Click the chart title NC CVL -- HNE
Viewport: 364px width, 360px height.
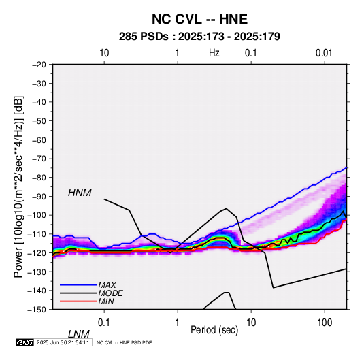pos(199,19)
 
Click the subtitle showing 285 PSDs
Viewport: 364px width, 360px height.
pos(199,37)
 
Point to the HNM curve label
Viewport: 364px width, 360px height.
pos(80,193)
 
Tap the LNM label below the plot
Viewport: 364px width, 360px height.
pos(79,334)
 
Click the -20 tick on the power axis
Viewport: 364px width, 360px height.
pos(39,65)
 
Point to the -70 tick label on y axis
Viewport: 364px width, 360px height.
pos(39,159)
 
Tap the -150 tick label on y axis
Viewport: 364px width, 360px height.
pos(37,310)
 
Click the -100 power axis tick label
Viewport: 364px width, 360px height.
pos(37,215)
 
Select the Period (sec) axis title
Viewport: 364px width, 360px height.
pos(214,330)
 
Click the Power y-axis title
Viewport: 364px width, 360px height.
pos(18,187)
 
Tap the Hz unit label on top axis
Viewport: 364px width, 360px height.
pos(214,53)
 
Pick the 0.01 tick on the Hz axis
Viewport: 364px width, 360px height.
pos(324,53)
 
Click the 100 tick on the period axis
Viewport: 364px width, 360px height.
pos(325,323)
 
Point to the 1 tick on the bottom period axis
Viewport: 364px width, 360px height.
pos(178,323)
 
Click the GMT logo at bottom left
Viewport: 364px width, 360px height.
pos(25,342)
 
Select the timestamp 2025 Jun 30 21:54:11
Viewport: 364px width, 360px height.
pos(63,342)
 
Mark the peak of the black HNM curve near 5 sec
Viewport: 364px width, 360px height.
pos(226,208)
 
